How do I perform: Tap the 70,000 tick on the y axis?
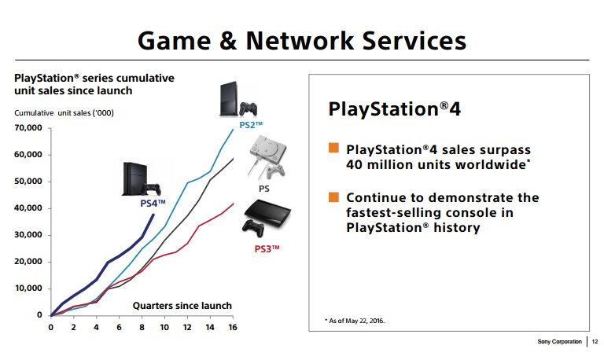(x=28, y=127)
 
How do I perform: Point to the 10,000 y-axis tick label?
(x=28, y=288)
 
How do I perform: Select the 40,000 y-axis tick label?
(x=28, y=208)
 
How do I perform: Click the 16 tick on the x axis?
(x=232, y=327)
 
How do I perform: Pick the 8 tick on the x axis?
(x=142, y=327)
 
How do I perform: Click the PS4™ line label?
(x=153, y=203)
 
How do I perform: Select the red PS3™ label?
(x=267, y=248)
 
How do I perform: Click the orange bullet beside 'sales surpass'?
(x=333, y=148)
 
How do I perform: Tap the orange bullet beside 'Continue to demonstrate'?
(x=333, y=197)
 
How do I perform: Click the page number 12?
(x=595, y=342)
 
